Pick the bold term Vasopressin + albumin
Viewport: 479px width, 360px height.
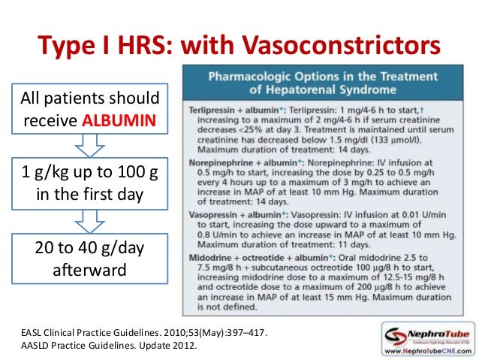pos(233,216)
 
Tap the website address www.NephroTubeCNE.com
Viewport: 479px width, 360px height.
pos(429,349)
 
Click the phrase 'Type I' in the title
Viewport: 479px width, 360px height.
pos(74,46)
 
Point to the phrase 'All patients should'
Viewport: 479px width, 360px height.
pos(89,98)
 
